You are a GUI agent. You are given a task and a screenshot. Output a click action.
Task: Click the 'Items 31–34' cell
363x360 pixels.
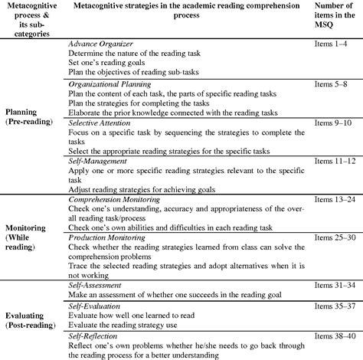[x=335, y=286]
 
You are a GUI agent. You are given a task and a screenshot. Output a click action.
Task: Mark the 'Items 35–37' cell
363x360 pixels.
[x=335, y=307]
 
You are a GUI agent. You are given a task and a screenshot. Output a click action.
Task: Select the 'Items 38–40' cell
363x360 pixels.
[x=335, y=336]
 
